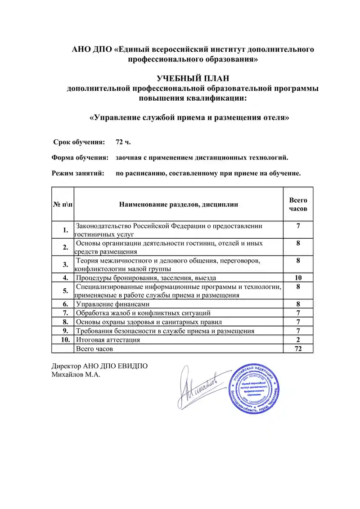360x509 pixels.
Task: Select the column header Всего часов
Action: point(298,205)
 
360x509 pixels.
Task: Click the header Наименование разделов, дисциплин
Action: point(179,205)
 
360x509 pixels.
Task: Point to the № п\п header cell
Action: point(63,205)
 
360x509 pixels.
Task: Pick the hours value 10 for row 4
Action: point(298,277)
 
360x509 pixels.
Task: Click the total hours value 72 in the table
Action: point(298,348)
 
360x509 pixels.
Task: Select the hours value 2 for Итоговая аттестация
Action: point(298,340)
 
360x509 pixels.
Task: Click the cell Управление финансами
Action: point(112,304)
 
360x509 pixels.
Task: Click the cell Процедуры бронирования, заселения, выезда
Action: point(146,277)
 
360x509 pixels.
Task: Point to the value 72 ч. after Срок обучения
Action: point(123,142)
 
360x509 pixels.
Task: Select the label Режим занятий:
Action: point(78,173)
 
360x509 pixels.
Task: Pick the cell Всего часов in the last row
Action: point(94,348)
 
